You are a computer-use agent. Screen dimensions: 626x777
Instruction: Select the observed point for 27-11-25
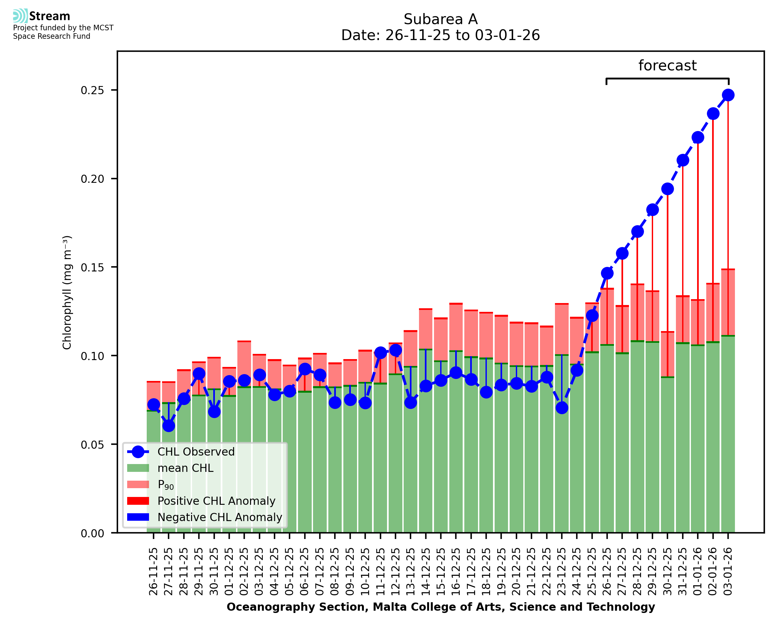169,426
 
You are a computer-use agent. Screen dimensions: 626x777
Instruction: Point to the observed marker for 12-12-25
396,350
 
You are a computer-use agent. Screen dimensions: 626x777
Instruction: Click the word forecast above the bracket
667,66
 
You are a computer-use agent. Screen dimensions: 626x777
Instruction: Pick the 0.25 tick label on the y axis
92,90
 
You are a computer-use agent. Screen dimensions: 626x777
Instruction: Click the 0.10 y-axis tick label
92,356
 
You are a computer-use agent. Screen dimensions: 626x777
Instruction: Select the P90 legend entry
166,485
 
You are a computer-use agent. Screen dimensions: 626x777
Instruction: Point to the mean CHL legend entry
186,468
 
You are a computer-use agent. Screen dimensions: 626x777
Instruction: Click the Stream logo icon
20,16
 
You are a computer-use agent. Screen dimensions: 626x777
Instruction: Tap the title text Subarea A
441,19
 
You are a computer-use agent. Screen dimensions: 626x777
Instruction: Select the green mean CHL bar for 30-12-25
667,454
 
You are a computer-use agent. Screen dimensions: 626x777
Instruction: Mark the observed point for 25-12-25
592,315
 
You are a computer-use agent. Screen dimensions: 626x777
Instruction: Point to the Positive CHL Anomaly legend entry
216,501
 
